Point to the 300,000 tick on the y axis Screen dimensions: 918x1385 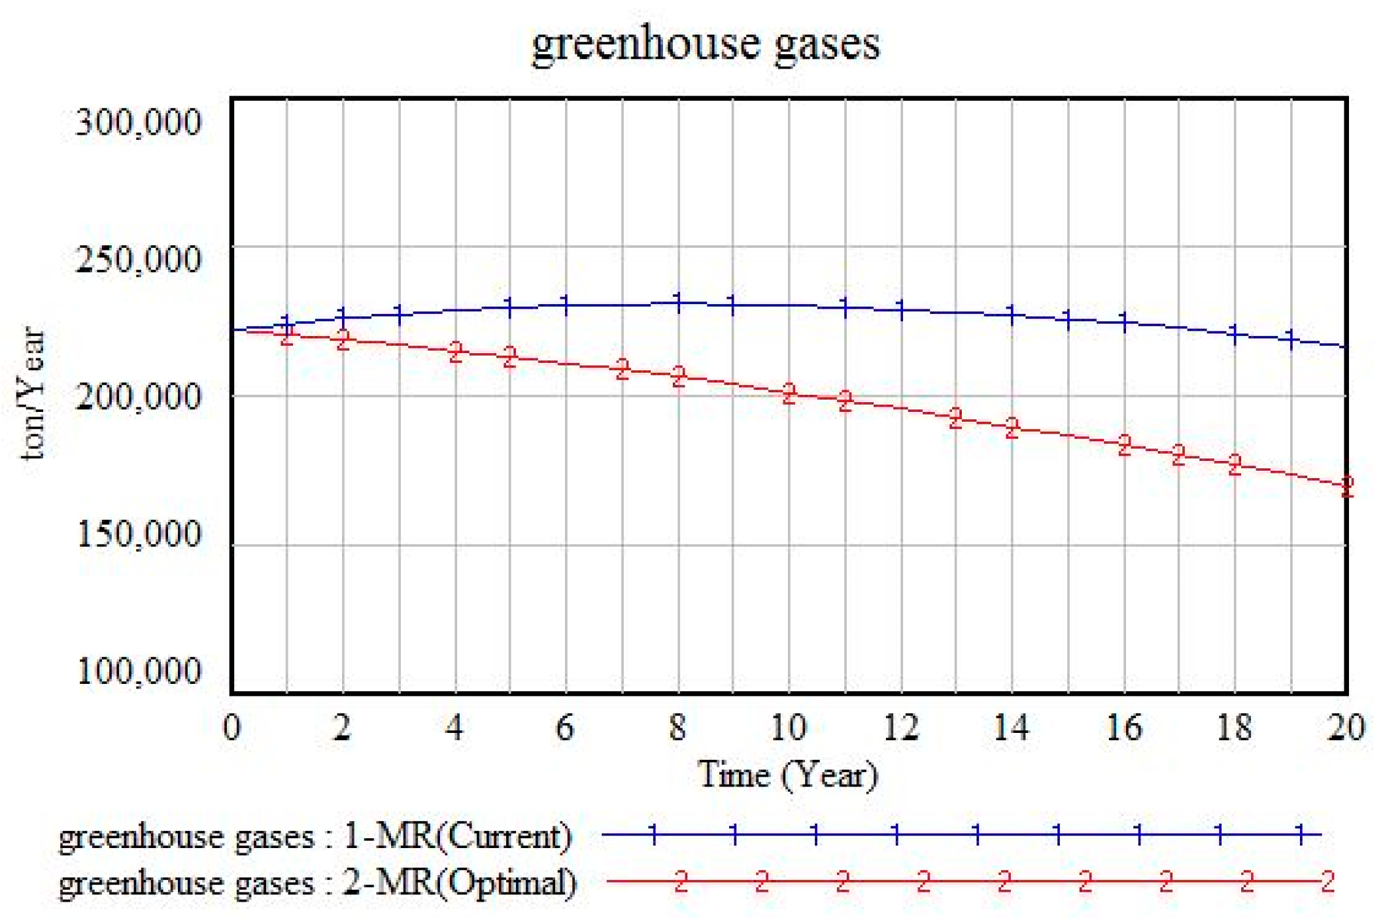click(x=138, y=122)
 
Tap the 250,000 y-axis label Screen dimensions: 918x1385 click(x=138, y=259)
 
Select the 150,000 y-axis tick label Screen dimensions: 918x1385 click(x=138, y=534)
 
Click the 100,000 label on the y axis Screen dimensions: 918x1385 click(x=138, y=671)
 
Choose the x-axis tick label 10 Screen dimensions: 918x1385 click(x=788, y=727)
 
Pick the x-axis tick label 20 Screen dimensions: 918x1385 click(x=1346, y=727)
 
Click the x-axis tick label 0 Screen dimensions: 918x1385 click(x=231, y=727)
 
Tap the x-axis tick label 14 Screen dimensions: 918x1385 click(x=1011, y=727)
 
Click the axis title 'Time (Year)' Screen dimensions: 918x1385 click(x=788, y=775)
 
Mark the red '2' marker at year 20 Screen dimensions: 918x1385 click(x=1346, y=486)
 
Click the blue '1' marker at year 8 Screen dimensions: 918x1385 click(x=678, y=303)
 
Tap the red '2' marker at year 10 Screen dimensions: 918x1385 click(x=789, y=393)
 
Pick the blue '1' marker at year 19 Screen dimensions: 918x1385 click(x=1291, y=339)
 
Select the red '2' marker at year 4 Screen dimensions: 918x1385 click(x=456, y=352)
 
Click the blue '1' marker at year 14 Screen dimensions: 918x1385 click(x=1012, y=314)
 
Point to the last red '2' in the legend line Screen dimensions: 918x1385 click(x=1327, y=882)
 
